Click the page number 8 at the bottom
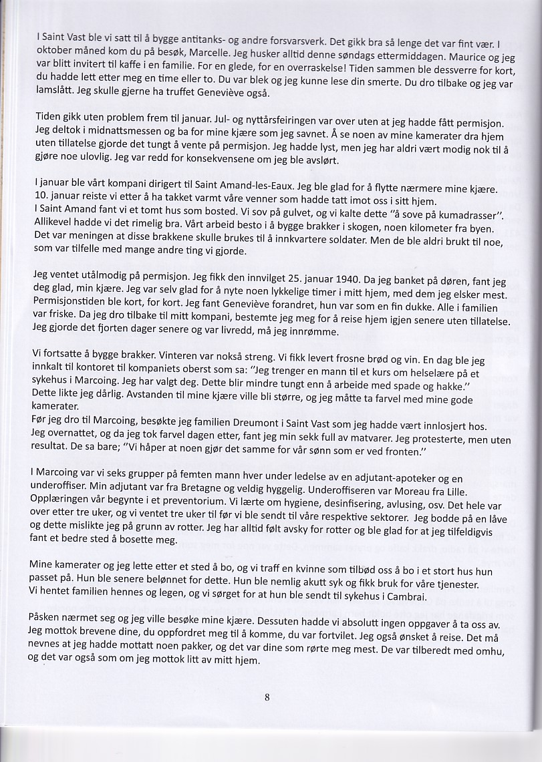(267, 698)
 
